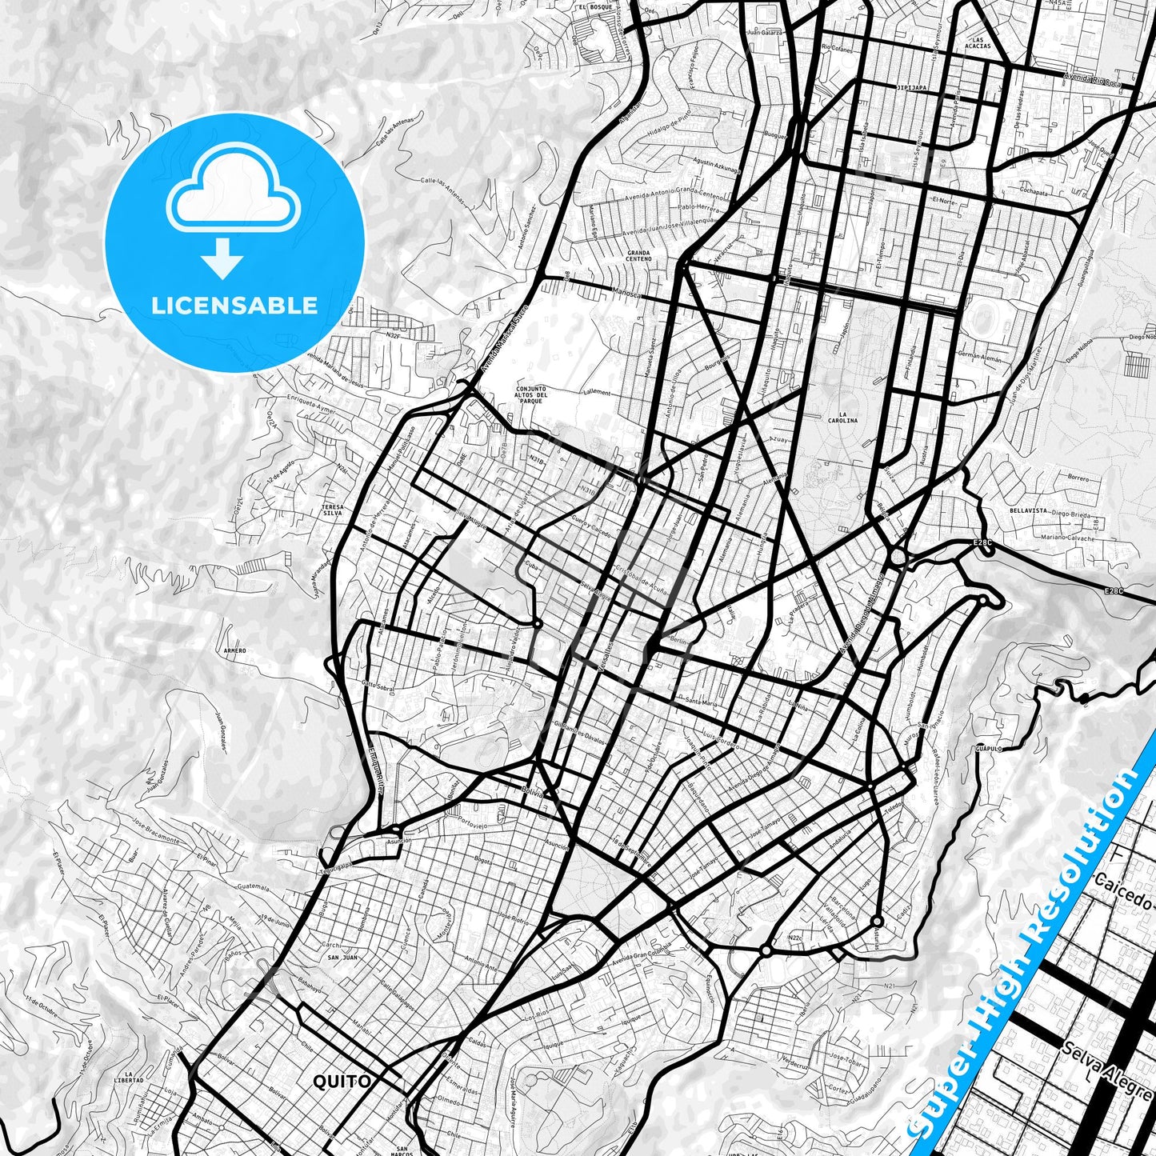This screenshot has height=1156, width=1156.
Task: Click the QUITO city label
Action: coord(342,1082)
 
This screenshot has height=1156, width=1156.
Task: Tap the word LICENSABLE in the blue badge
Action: coord(234,305)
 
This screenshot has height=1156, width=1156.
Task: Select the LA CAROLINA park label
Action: coord(843,416)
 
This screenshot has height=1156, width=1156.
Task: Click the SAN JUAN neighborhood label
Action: coord(343,957)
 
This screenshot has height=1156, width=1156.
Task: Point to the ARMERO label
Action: coord(235,650)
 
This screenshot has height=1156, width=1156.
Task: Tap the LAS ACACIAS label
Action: coord(977,42)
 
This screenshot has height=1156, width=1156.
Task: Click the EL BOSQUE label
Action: coord(596,6)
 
